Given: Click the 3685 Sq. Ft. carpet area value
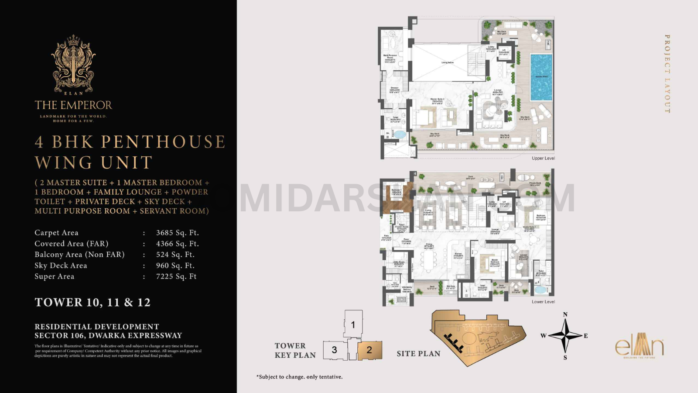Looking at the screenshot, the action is tap(177, 233).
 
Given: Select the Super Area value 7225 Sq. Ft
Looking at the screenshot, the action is tap(176, 276).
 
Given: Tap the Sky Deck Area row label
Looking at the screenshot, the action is tap(61, 265).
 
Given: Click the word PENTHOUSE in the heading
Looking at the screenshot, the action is tap(163, 142).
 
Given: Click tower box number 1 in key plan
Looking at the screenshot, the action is tap(353, 324).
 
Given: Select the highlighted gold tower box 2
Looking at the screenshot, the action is tap(370, 350).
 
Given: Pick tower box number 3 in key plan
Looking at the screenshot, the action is tap(334, 350).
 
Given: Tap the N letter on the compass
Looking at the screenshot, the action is tap(565, 314).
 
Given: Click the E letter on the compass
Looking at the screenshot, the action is tap(585, 336).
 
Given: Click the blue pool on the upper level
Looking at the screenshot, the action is tap(541, 77).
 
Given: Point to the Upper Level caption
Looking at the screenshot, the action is tap(543, 158).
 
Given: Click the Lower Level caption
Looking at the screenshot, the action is tap(543, 302).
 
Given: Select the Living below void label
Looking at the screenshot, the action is tap(447, 62).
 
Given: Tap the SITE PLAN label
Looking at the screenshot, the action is tap(418, 354).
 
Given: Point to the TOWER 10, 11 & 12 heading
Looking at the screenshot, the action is tap(92, 303).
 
